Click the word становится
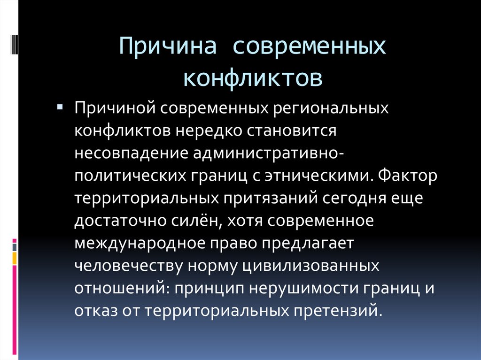pos(292,131)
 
